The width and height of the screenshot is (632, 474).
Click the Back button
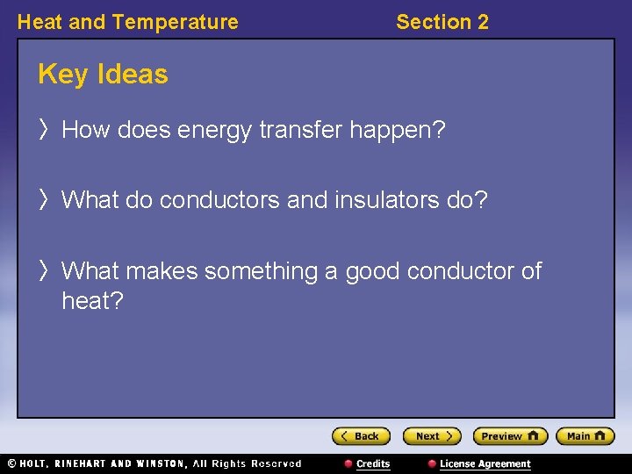361,436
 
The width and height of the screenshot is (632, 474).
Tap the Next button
431,436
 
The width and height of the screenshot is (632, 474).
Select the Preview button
510,436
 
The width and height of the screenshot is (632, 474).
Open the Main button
585,436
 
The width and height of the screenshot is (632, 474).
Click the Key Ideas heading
103,75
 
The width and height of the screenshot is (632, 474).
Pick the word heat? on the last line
92,302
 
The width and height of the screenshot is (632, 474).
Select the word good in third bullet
374,271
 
